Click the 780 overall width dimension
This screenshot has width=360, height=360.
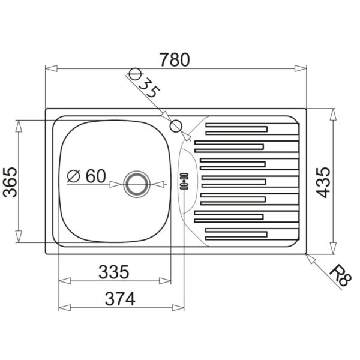175,59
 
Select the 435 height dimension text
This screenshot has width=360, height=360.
323,182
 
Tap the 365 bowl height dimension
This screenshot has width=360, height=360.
10,182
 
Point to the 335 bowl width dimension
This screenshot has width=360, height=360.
114,272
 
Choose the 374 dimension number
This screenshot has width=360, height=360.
120,299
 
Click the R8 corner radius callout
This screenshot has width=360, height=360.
340,275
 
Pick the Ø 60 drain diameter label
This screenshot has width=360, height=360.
86,176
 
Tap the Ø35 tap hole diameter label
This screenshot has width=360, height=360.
145,83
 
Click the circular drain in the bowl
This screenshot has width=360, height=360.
137,184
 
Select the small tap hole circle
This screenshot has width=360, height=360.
176,126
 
